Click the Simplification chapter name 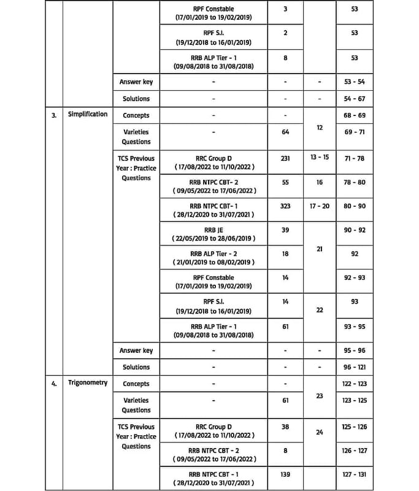(x=88, y=114)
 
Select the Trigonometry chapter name (x=88, y=382)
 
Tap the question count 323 (x=285, y=206)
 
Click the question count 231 (x=285, y=158)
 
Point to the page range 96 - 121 (x=355, y=367)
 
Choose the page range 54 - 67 (x=355, y=98)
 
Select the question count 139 (x=285, y=474)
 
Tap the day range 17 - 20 (x=320, y=206)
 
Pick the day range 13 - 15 (x=320, y=158)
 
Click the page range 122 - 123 (x=355, y=384)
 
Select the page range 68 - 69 (x=355, y=115)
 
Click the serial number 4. (x=54, y=384)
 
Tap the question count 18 (x=285, y=253)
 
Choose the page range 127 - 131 (x=355, y=474)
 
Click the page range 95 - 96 (x=355, y=350)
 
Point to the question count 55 (x=285, y=182)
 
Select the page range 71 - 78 (x=355, y=158)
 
